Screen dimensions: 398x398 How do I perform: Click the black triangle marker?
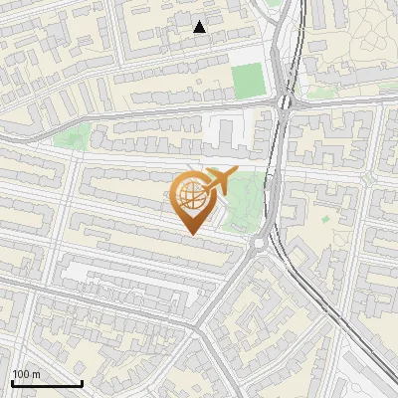pyautogui.click(x=200, y=27)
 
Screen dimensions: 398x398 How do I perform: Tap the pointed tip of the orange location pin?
pyautogui.click(x=192, y=234)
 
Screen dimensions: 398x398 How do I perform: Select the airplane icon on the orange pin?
pyautogui.click(x=219, y=181)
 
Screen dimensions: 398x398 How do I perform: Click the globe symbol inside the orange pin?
pyautogui.click(x=192, y=196)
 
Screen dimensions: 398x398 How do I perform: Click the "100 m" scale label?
pyautogui.click(x=27, y=375)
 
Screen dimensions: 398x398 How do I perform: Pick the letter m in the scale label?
pyautogui.click(x=36, y=375)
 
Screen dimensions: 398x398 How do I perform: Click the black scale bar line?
pyautogui.click(x=47, y=384)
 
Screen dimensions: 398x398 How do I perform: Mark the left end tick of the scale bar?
pyautogui.click(x=13, y=382)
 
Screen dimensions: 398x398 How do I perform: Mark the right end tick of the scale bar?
pyautogui.click(x=82, y=382)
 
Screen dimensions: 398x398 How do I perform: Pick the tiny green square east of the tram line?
pyautogui.click(x=354, y=215)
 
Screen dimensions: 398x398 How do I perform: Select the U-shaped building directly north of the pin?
pyautogui.click(x=229, y=129)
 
